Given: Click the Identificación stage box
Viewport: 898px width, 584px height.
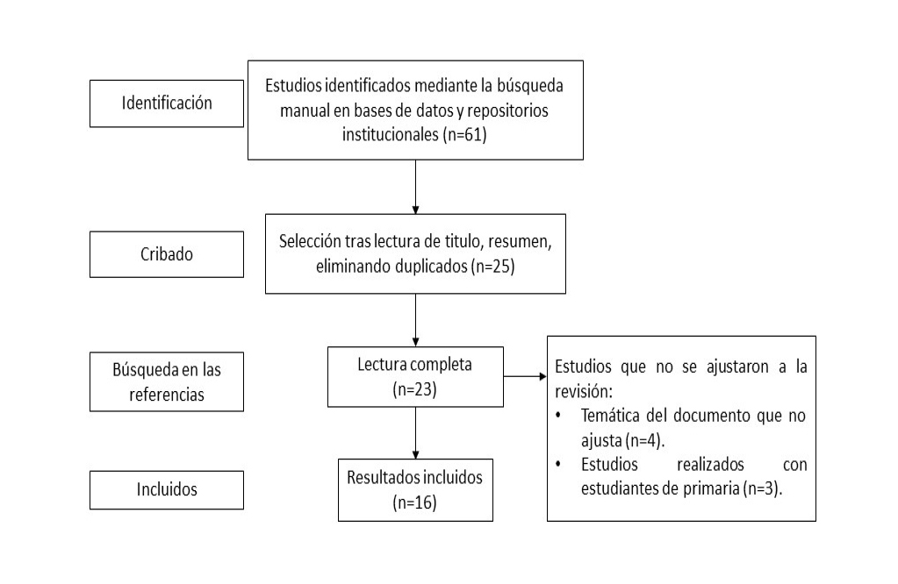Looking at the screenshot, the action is coord(167,103).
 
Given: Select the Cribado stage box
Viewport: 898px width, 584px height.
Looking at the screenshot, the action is coord(167,254).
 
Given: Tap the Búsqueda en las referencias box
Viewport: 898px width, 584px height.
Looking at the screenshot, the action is coord(167,381).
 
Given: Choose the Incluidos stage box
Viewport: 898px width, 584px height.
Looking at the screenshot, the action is coord(167,489).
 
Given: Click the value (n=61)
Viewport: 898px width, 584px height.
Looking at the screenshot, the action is coord(464,135).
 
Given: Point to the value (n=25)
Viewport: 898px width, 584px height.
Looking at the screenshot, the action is coord(492,267).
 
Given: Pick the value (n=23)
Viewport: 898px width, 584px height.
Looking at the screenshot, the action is coord(414,389).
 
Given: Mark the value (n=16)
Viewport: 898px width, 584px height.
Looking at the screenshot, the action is coord(414,502).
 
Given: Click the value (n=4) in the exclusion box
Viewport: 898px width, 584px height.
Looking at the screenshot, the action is coord(644,441).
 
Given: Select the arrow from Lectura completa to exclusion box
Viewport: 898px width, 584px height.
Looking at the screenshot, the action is coord(525,376).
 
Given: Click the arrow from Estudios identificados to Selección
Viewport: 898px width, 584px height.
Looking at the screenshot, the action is coord(415,187).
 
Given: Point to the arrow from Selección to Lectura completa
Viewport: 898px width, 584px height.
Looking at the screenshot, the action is coord(415,320).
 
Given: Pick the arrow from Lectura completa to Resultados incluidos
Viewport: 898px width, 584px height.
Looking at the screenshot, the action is coord(415,433).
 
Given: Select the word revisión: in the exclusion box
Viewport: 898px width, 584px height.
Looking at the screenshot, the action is coord(584,392).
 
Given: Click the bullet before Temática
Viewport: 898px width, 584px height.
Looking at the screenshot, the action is coord(557,416).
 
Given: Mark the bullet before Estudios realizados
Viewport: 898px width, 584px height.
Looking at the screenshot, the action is coord(557,465).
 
